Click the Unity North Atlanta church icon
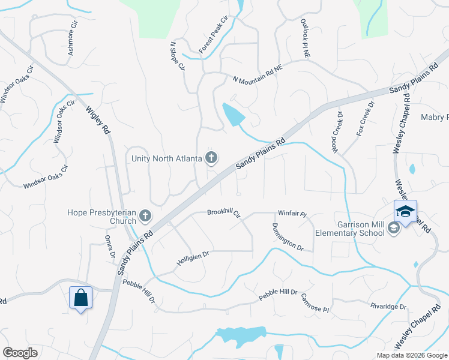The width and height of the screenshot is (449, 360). (211, 158)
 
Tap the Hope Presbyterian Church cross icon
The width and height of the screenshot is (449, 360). (145, 215)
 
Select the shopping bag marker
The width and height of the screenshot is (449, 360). (80, 298)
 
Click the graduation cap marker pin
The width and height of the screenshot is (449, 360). (405, 212)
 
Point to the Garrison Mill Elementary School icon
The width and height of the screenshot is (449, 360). (393, 227)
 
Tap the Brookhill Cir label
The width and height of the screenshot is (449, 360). (224, 213)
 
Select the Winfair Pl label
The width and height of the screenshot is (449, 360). (292, 213)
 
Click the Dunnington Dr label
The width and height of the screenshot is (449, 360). (288, 236)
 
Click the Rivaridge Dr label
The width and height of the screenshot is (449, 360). (388, 307)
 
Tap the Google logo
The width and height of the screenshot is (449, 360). (20, 353)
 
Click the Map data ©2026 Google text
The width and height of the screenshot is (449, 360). (411, 355)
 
